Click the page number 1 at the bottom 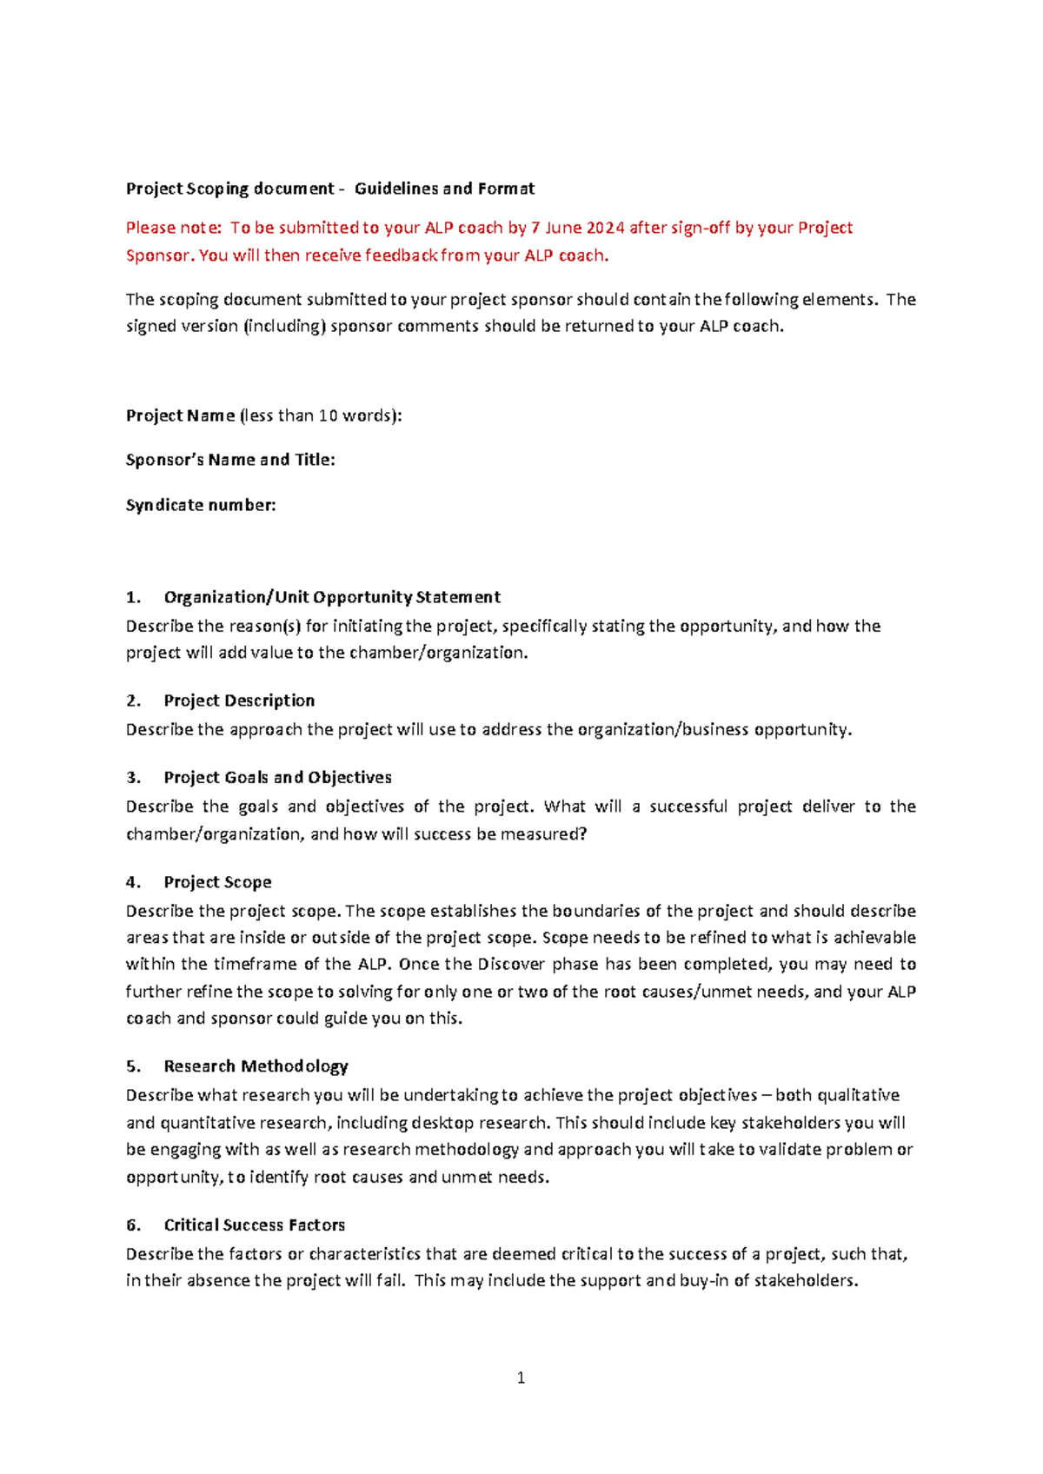521,1378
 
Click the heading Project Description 239,700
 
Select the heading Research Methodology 256,1066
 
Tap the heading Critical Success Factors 254,1225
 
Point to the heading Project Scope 217,882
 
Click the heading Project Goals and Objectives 277,778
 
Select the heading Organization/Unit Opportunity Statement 332,597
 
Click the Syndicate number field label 201,505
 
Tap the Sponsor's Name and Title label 230,460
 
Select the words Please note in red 173,228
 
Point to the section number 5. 132,1066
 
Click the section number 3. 132,778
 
